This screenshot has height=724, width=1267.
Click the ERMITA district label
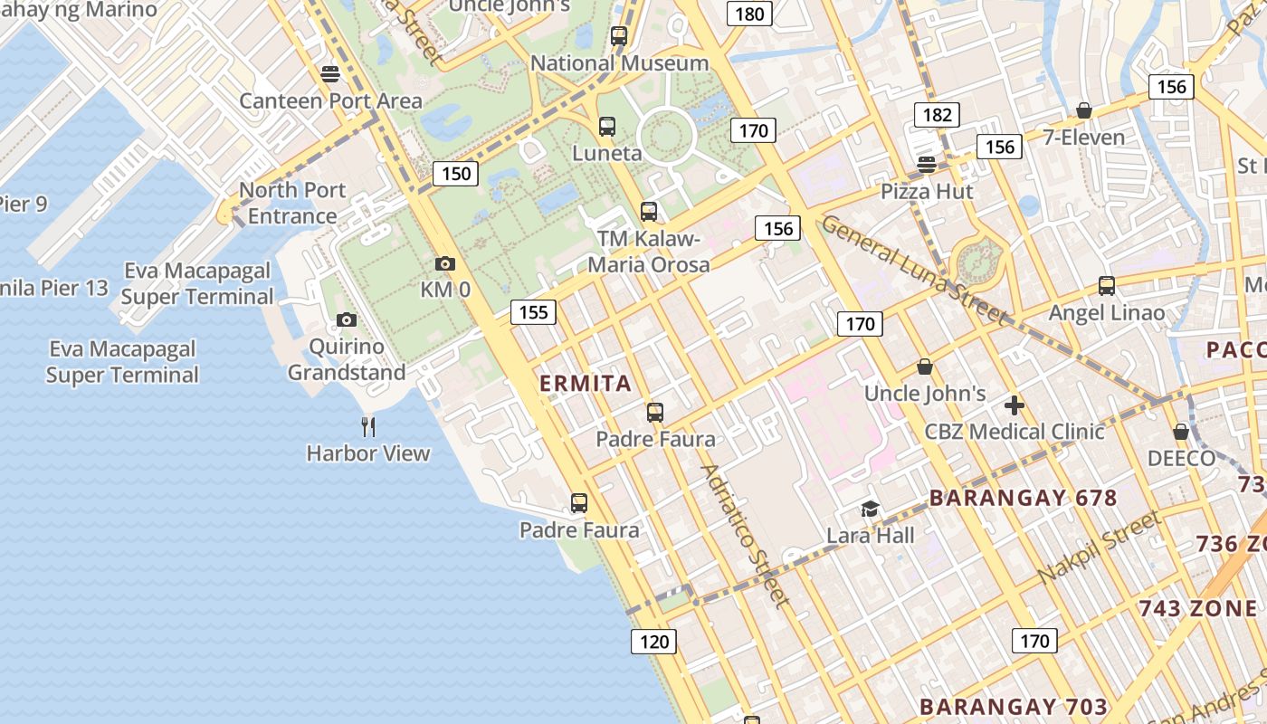tap(586, 384)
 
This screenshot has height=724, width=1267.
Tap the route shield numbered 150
tap(455, 173)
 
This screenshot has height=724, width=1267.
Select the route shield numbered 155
tap(533, 312)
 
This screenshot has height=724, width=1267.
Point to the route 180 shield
tap(749, 14)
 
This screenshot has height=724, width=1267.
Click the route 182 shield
tap(937, 114)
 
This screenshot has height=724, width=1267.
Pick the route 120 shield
tap(653, 642)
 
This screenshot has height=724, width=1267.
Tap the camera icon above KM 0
tap(444, 263)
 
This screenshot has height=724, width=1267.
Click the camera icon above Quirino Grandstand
tap(346, 319)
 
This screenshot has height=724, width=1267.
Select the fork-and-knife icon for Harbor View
tap(367, 426)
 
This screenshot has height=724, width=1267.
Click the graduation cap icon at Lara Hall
tap(870, 509)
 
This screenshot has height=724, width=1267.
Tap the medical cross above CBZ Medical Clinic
tap(1014, 405)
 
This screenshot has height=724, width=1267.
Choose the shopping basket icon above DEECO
tap(1181, 432)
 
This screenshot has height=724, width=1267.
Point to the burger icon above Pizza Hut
tap(926, 165)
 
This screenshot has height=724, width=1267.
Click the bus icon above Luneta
tap(607, 127)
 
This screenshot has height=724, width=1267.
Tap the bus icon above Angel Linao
tap(1106, 286)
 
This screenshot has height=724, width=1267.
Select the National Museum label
tap(619, 63)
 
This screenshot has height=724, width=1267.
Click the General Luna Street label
tap(914, 269)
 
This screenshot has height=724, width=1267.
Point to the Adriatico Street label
tap(745, 535)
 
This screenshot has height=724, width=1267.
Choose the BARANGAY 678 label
tap(1024, 498)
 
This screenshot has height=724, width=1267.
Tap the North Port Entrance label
tap(292, 203)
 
